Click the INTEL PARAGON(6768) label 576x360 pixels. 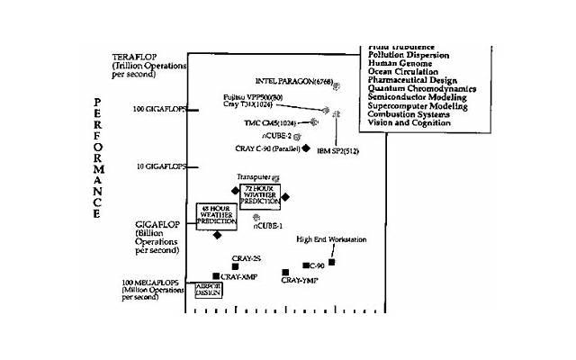pos(294,81)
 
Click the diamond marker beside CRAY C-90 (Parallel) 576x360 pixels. pos(306,148)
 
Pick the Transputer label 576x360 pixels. pos(253,177)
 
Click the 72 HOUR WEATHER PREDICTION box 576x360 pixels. pos(260,196)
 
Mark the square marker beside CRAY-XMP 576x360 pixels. pos(216,276)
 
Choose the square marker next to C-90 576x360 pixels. pos(307,265)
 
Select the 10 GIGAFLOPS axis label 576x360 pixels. pos(160,166)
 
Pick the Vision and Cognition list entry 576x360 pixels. pos(408,122)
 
